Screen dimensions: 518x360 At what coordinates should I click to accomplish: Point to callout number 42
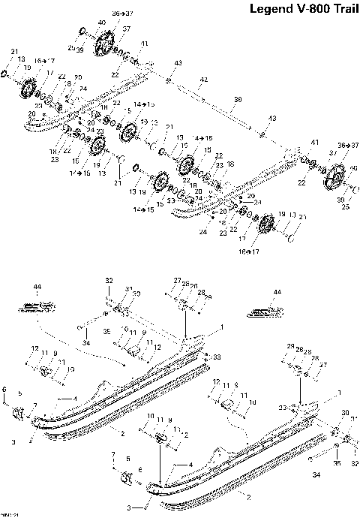[x=202, y=80]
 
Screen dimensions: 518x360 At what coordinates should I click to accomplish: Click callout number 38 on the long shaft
[x=238, y=99]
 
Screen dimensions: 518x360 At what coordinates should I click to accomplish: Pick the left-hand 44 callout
[x=37, y=286]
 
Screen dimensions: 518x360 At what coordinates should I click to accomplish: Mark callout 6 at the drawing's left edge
[x=4, y=388]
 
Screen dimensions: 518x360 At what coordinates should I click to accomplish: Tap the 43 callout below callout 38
[x=272, y=119]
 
